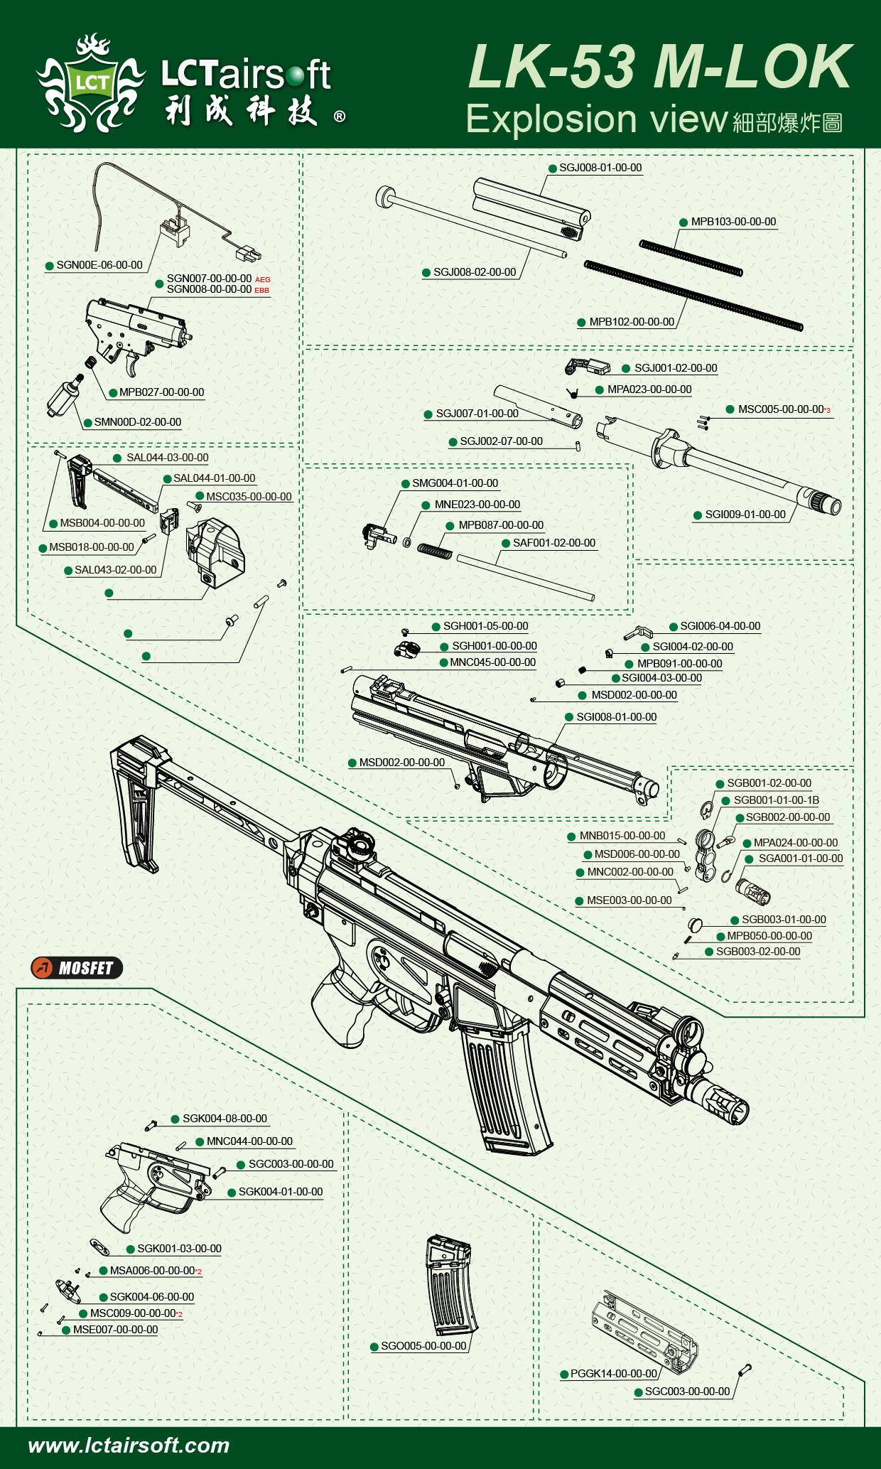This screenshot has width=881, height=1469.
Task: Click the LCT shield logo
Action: pyautogui.click(x=91, y=83)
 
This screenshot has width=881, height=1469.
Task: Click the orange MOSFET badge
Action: pyautogui.click(x=77, y=968)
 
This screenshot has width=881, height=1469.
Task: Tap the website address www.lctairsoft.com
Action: pyautogui.click(x=129, y=1445)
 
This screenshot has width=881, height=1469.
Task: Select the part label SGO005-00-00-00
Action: pyautogui.click(x=423, y=1346)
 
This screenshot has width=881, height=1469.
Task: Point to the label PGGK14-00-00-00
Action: pyautogui.click(x=614, y=1374)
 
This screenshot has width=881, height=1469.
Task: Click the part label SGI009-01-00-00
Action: pyautogui.click(x=745, y=515)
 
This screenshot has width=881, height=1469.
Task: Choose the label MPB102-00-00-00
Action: pyautogui.click(x=632, y=322)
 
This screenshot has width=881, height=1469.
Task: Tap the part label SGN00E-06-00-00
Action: pyautogui.click(x=99, y=265)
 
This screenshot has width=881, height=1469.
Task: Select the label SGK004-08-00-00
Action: pyautogui.click(x=225, y=1119)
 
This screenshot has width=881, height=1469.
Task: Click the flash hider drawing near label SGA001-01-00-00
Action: pyautogui.click(x=753, y=890)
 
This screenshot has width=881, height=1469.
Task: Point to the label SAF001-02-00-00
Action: pyautogui.click(x=554, y=543)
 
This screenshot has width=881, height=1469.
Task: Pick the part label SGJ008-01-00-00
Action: pyautogui.click(x=600, y=168)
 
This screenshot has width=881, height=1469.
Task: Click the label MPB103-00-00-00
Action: pyautogui.click(x=733, y=222)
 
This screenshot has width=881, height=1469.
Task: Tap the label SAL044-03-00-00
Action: pyautogui.click(x=167, y=458)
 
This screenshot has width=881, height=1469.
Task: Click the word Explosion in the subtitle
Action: pyautogui.click(x=551, y=119)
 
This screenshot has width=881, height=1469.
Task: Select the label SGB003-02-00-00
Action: pyautogui.click(x=757, y=952)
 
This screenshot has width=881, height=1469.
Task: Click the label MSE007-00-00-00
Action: pyautogui.click(x=115, y=1330)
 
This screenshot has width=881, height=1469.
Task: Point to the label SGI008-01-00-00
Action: pyautogui.click(x=616, y=717)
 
